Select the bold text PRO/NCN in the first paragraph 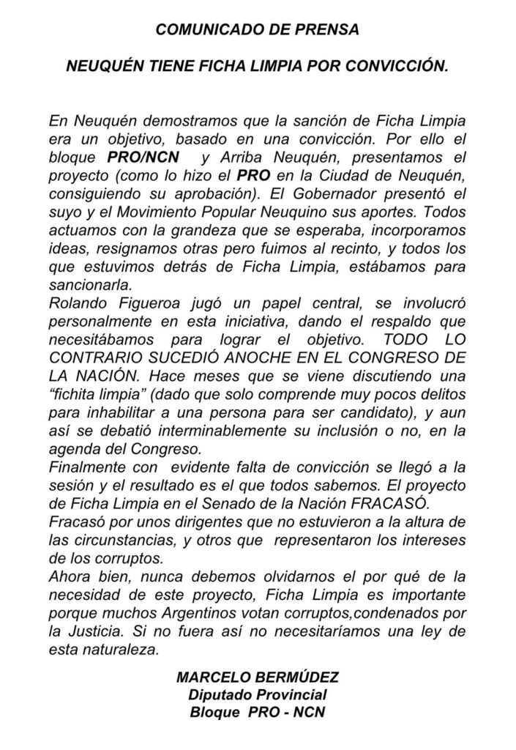point(137,157)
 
